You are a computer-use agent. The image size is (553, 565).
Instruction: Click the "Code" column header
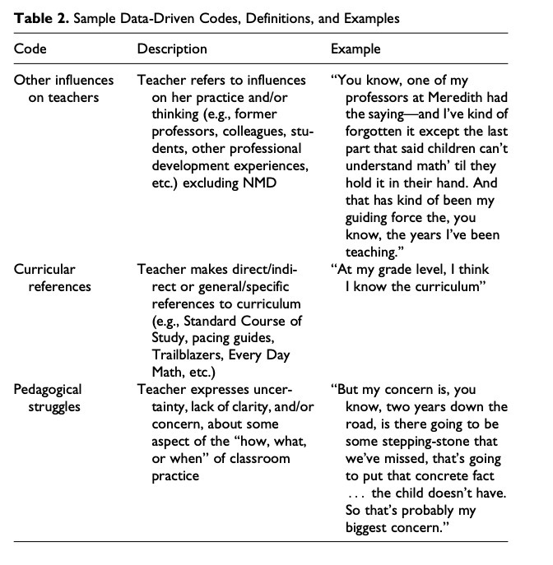click(x=30, y=49)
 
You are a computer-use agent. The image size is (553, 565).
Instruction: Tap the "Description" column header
click(x=172, y=49)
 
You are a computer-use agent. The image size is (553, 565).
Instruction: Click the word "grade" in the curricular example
click(x=397, y=269)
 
